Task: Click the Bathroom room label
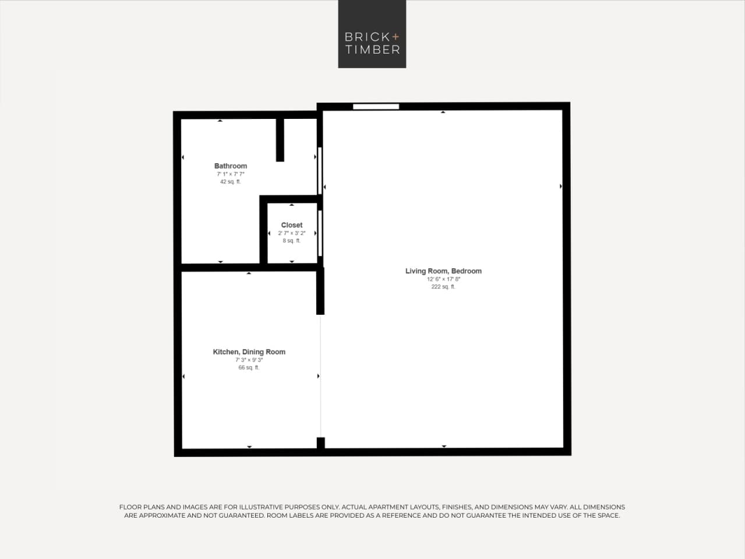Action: click(x=231, y=166)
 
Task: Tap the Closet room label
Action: click(x=292, y=225)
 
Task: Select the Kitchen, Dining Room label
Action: click(x=249, y=352)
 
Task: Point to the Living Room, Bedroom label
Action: click(x=443, y=271)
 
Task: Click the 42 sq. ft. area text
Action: click(x=230, y=182)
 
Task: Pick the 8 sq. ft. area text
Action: click(x=291, y=241)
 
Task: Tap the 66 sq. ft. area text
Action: click(x=249, y=368)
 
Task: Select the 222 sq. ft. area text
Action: click(x=443, y=287)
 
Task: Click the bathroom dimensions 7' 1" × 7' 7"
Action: click(x=231, y=174)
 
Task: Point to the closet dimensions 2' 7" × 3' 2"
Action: click(x=291, y=233)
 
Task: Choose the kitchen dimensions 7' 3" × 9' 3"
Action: click(x=249, y=360)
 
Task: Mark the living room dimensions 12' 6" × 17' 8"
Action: click(x=443, y=279)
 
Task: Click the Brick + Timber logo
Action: click(x=372, y=34)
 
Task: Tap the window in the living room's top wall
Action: click(x=376, y=107)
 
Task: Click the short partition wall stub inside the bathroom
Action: click(x=280, y=140)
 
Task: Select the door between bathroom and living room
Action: click(x=320, y=170)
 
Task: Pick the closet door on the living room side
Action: click(x=320, y=233)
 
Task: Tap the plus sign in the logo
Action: click(x=396, y=37)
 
